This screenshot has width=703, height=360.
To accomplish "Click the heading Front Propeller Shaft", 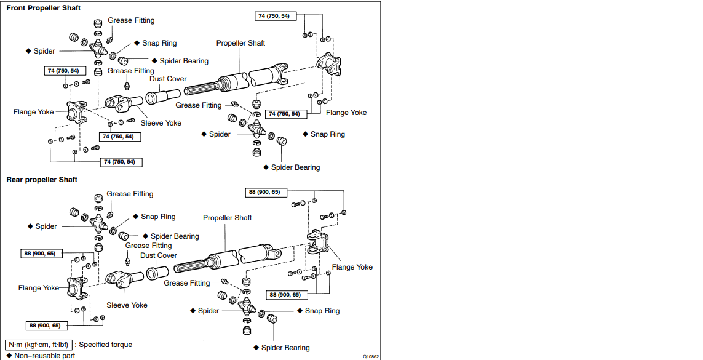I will pyautogui.click(x=43, y=8).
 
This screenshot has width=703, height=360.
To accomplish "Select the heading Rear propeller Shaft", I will pyautogui.click(x=42, y=180).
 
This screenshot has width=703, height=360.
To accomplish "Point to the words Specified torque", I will pyautogui.click(x=105, y=345).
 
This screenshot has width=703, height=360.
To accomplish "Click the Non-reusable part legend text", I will pyautogui.click(x=45, y=355).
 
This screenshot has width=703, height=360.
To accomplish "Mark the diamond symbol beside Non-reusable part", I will pyautogui.click(x=9, y=355).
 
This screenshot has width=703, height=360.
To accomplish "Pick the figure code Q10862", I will pyautogui.click(x=371, y=356).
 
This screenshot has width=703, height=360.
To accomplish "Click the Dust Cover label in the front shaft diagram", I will pyautogui.click(x=168, y=79).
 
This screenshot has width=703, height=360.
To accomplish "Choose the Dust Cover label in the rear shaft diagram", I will pyautogui.click(x=158, y=255).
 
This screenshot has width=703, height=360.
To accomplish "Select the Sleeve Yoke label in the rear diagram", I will pyautogui.click(x=127, y=305).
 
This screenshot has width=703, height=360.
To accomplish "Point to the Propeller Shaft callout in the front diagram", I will pyautogui.click(x=240, y=43).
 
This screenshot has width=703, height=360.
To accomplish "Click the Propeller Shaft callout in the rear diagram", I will pyautogui.click(x=227, y=218).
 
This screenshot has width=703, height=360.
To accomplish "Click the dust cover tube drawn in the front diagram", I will pyautogui.click(x=163, y=97).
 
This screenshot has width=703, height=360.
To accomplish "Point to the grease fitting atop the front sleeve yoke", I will pyautogui.click(x=128, y=85).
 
